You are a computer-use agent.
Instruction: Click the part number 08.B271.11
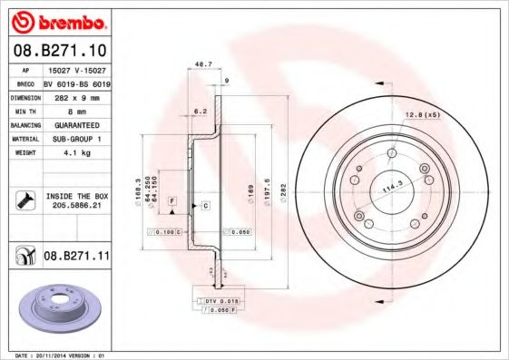click(x=76, y=258)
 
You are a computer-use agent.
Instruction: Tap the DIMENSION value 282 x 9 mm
click(x=76, y=96)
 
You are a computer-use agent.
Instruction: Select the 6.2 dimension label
click(x=201, y=111)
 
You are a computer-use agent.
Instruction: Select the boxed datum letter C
click(x=205, y=207)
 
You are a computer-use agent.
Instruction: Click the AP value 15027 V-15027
click(x=76, y=68)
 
